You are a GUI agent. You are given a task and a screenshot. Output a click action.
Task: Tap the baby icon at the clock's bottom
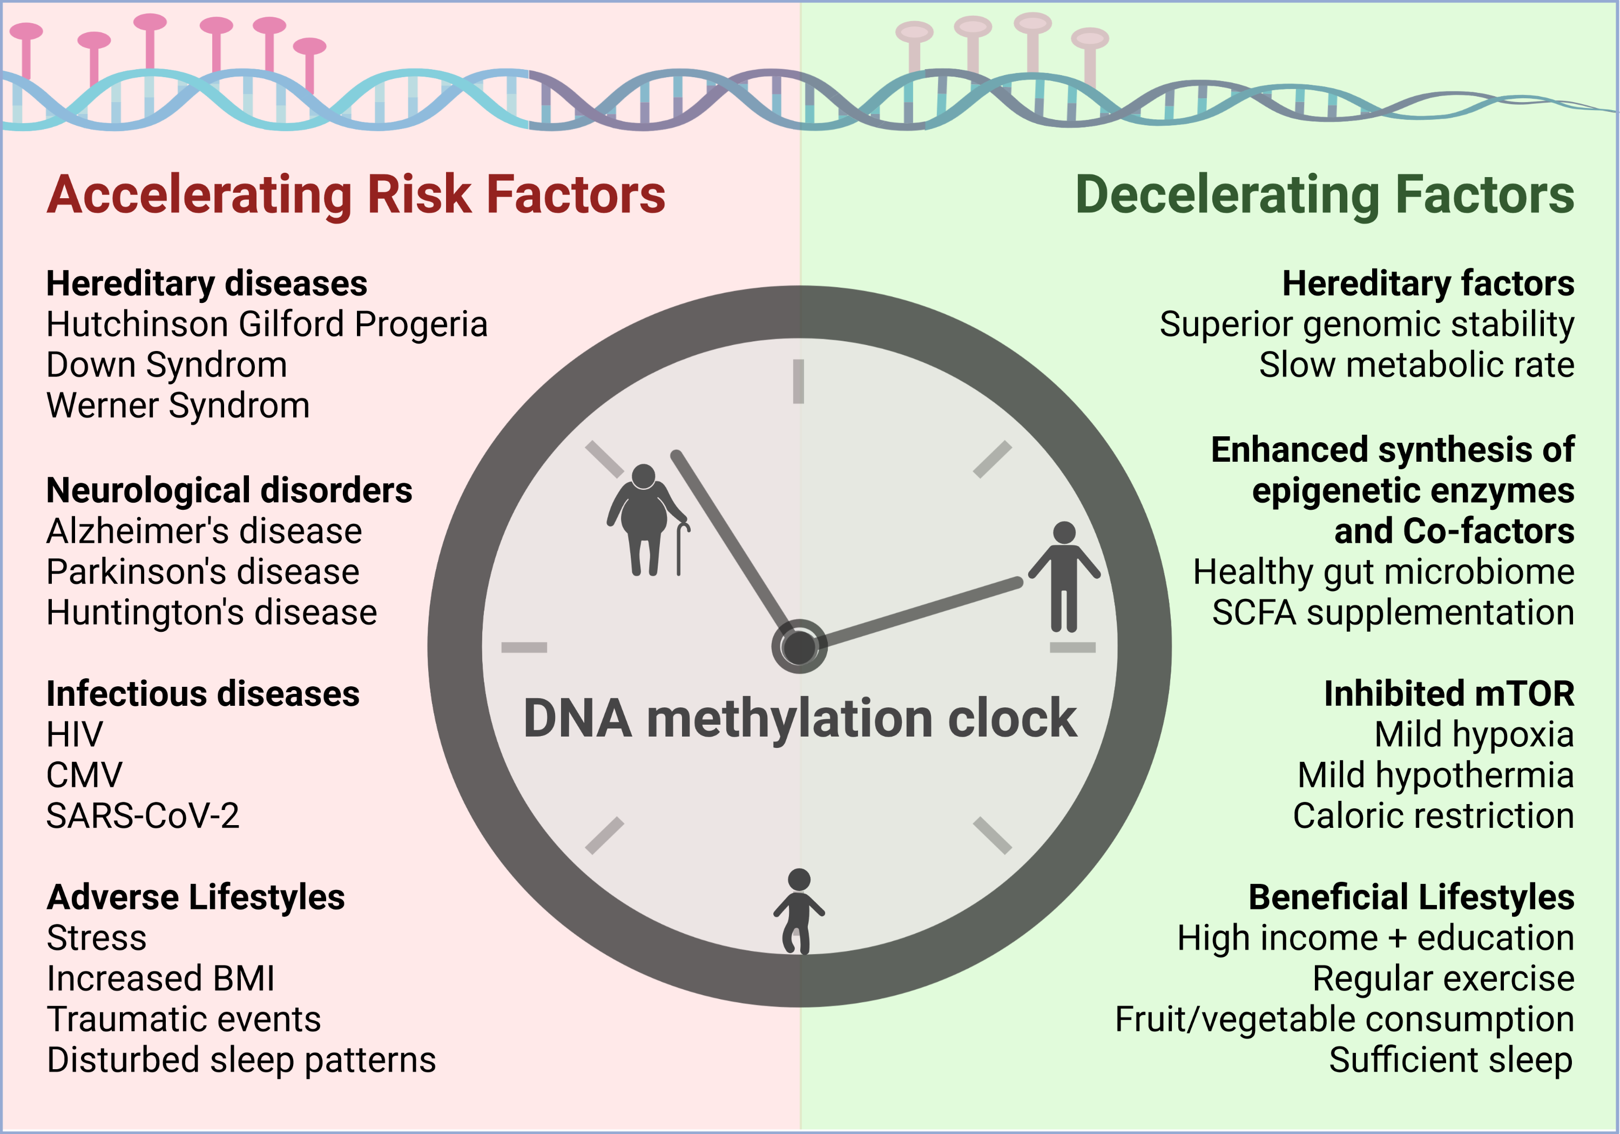799,911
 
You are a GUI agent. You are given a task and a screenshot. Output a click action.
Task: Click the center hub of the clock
799,646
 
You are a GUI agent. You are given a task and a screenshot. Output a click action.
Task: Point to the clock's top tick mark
798,382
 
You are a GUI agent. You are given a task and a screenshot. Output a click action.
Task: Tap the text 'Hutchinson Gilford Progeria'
267,325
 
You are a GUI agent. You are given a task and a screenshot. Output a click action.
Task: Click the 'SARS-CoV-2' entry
143,816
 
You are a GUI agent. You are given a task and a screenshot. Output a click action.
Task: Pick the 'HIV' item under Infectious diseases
74,734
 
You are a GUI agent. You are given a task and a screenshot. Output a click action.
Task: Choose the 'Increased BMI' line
160,979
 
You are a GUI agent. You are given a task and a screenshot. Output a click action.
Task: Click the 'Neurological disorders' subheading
230,490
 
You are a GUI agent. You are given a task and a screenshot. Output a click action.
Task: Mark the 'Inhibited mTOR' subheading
1449,694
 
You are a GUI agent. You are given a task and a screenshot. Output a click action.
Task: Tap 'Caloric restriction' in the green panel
1434,816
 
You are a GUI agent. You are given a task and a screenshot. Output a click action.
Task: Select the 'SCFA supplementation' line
1394,612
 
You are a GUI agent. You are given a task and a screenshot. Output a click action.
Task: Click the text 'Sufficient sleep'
1452,1060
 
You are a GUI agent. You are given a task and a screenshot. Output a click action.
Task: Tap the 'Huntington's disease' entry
212,612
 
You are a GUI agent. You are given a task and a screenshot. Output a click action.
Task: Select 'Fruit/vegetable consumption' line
1345,1020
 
